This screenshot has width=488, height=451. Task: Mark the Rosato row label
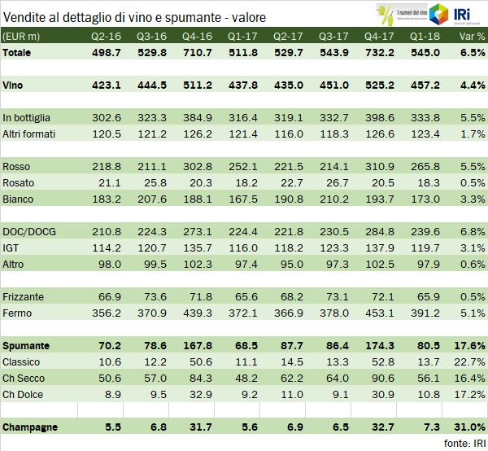coord(20,182)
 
